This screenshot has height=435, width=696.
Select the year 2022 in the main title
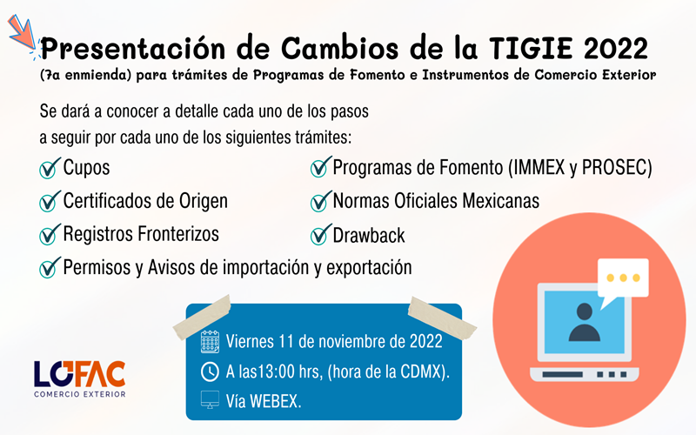[x=616, y=48]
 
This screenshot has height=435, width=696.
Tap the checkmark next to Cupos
[x=50, y=168]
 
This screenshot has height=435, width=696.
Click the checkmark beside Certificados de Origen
[x=50, y=201]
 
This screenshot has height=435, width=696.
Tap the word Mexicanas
[x=501, y=201]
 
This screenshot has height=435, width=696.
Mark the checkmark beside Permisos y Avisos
[x=50, y=267]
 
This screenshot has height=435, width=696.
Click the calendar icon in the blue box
[x=210, y=341]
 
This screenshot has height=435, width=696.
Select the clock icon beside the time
[x=210, y=371]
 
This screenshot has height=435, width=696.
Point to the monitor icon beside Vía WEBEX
[x=210, y=400]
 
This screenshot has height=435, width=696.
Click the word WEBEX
[x=276, y=401]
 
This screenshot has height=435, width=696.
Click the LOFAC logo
[x=80, y=378]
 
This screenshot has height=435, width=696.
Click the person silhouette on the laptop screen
[x=584, y=322]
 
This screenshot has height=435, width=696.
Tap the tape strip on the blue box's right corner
[x=442, y=317]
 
